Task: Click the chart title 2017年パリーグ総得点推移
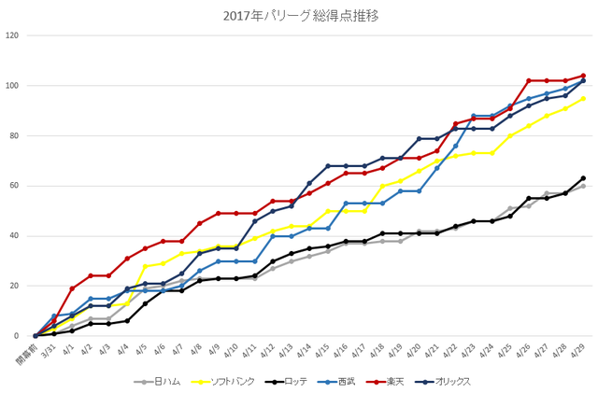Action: pos(301,16)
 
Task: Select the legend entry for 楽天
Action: pos(385,381)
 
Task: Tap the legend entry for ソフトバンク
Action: pos(222,381)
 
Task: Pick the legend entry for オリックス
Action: pos(442,381)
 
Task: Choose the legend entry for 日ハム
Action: pos(157,381)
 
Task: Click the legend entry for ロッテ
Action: pos(286,381)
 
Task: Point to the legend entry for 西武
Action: pos(336,381)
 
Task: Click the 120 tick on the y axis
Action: pos(12,35)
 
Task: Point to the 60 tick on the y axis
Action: pos(14,186)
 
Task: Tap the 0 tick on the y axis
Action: pos(17,336)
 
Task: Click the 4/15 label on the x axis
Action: pos(322,351)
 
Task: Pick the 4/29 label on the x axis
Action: pos(578,351)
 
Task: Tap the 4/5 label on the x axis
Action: pos(141,349)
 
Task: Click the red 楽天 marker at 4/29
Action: pos(583,76)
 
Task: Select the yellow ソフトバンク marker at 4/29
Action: pos(583,99)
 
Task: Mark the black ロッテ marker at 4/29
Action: pos(583,178)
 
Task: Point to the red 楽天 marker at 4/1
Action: pos(72,288)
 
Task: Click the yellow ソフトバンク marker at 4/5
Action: pos(145,266)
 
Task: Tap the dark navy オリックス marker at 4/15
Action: pos(328,166)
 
